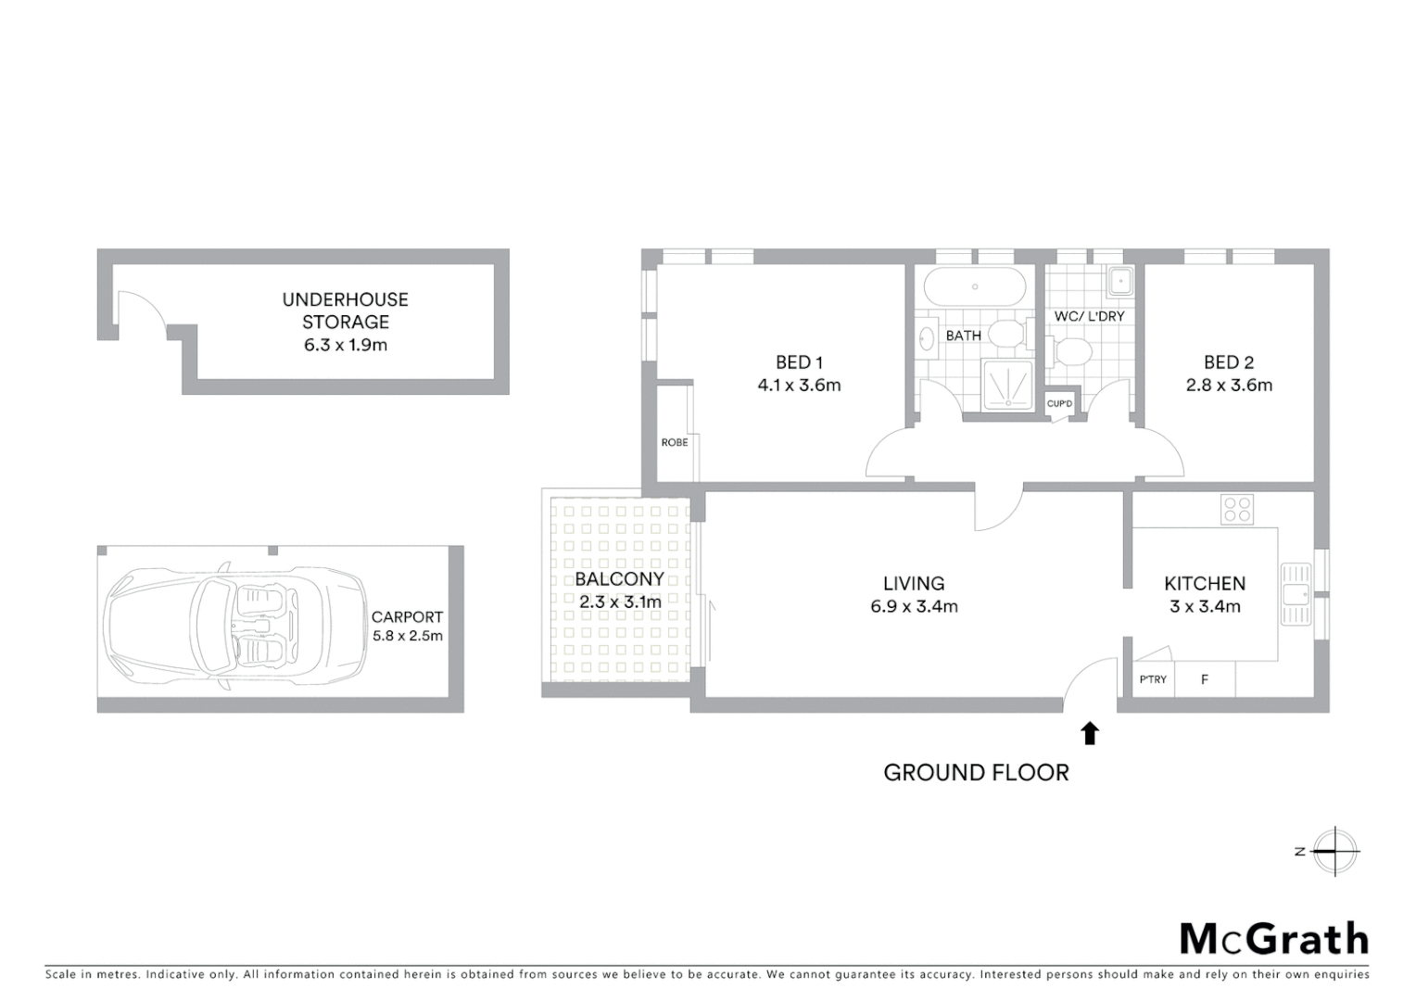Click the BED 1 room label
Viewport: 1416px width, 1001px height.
(799, 362)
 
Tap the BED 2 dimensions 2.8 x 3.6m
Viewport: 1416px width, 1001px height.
(1229, 386)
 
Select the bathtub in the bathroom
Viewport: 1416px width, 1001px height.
(974, 286)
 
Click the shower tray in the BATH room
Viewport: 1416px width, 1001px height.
(1007, 384)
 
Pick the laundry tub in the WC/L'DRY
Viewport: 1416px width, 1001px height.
(1120, 279)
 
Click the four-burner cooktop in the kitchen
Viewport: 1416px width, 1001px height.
(1237, 510)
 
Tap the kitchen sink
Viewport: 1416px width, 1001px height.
(1296, 594)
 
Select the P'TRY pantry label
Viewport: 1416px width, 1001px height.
(1153, 679)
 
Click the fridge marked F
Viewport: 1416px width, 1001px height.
(1205, 679)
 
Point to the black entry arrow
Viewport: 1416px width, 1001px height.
(1090, 733)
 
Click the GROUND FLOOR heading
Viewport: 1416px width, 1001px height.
(976, 773)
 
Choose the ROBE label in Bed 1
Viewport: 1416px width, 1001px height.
(675, 442)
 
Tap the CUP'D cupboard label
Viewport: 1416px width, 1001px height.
(1059, 404)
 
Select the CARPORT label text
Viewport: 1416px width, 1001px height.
(407, 616)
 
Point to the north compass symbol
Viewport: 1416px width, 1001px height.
(1334, 851)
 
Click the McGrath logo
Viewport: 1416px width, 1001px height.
(1274, 939)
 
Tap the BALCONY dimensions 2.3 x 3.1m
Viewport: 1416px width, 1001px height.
(620, 602)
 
